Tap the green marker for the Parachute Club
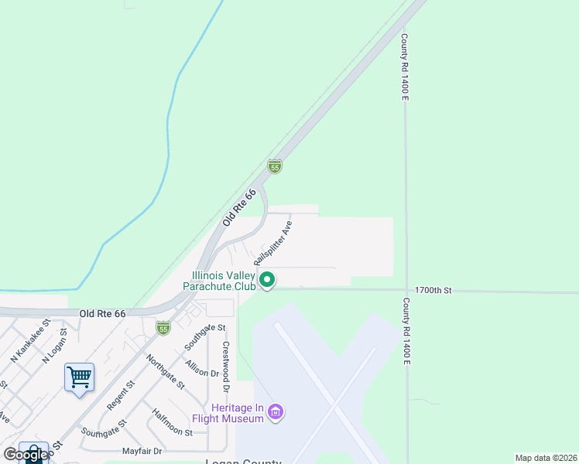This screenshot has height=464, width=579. tap(267, 279)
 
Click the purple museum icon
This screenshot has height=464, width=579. tap(275, 413)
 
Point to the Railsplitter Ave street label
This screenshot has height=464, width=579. tap(274, 244)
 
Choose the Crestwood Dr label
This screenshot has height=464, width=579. tap(227, 360)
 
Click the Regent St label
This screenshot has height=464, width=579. tap(121, 394)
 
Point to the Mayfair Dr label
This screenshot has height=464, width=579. tap(142, 451)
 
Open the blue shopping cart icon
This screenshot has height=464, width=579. tap(80, 377)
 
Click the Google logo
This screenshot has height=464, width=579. tap(26, 455)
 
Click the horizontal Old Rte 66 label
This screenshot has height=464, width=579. tap(102, 314)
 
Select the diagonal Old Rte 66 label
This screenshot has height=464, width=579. tap(238, 208)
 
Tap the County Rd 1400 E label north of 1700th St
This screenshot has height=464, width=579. tap(404, 66)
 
